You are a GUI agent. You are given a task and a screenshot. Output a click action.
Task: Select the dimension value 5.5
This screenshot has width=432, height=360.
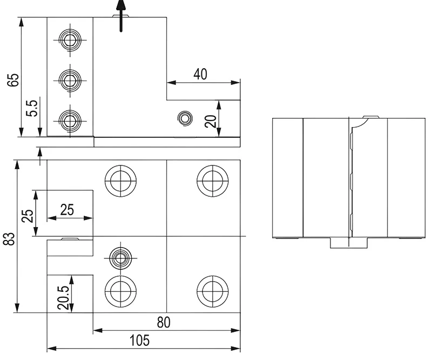(33, 109)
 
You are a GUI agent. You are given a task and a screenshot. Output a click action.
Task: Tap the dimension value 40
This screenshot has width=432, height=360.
(200, 74)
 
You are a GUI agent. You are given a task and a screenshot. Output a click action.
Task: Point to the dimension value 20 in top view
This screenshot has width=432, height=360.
(211, 121)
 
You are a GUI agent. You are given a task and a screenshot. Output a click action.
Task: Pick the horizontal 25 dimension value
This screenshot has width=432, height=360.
(67, 210)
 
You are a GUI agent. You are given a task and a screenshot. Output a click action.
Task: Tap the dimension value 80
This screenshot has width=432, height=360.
(164, 322)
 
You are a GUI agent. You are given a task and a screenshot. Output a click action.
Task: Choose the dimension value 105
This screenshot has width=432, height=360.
(139, 341)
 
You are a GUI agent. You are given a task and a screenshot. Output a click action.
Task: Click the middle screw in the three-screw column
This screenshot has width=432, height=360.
(69, 80)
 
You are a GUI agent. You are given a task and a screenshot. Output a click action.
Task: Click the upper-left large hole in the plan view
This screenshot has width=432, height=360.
(121, 179)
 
